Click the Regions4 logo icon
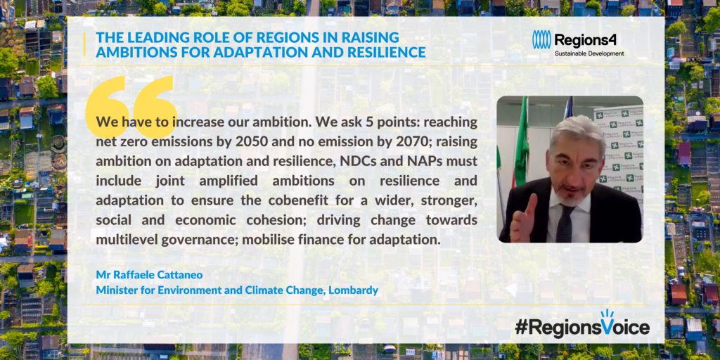pyautogui.click(x=541, y=40)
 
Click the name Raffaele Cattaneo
pyautogui.click(x=155, y=275)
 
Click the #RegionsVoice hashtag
pyautogui.click(x=582, y=326)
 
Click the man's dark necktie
pyautogui.click(x=565, y=223)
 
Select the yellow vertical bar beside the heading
pyautogui.click(x=84, y=44)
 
